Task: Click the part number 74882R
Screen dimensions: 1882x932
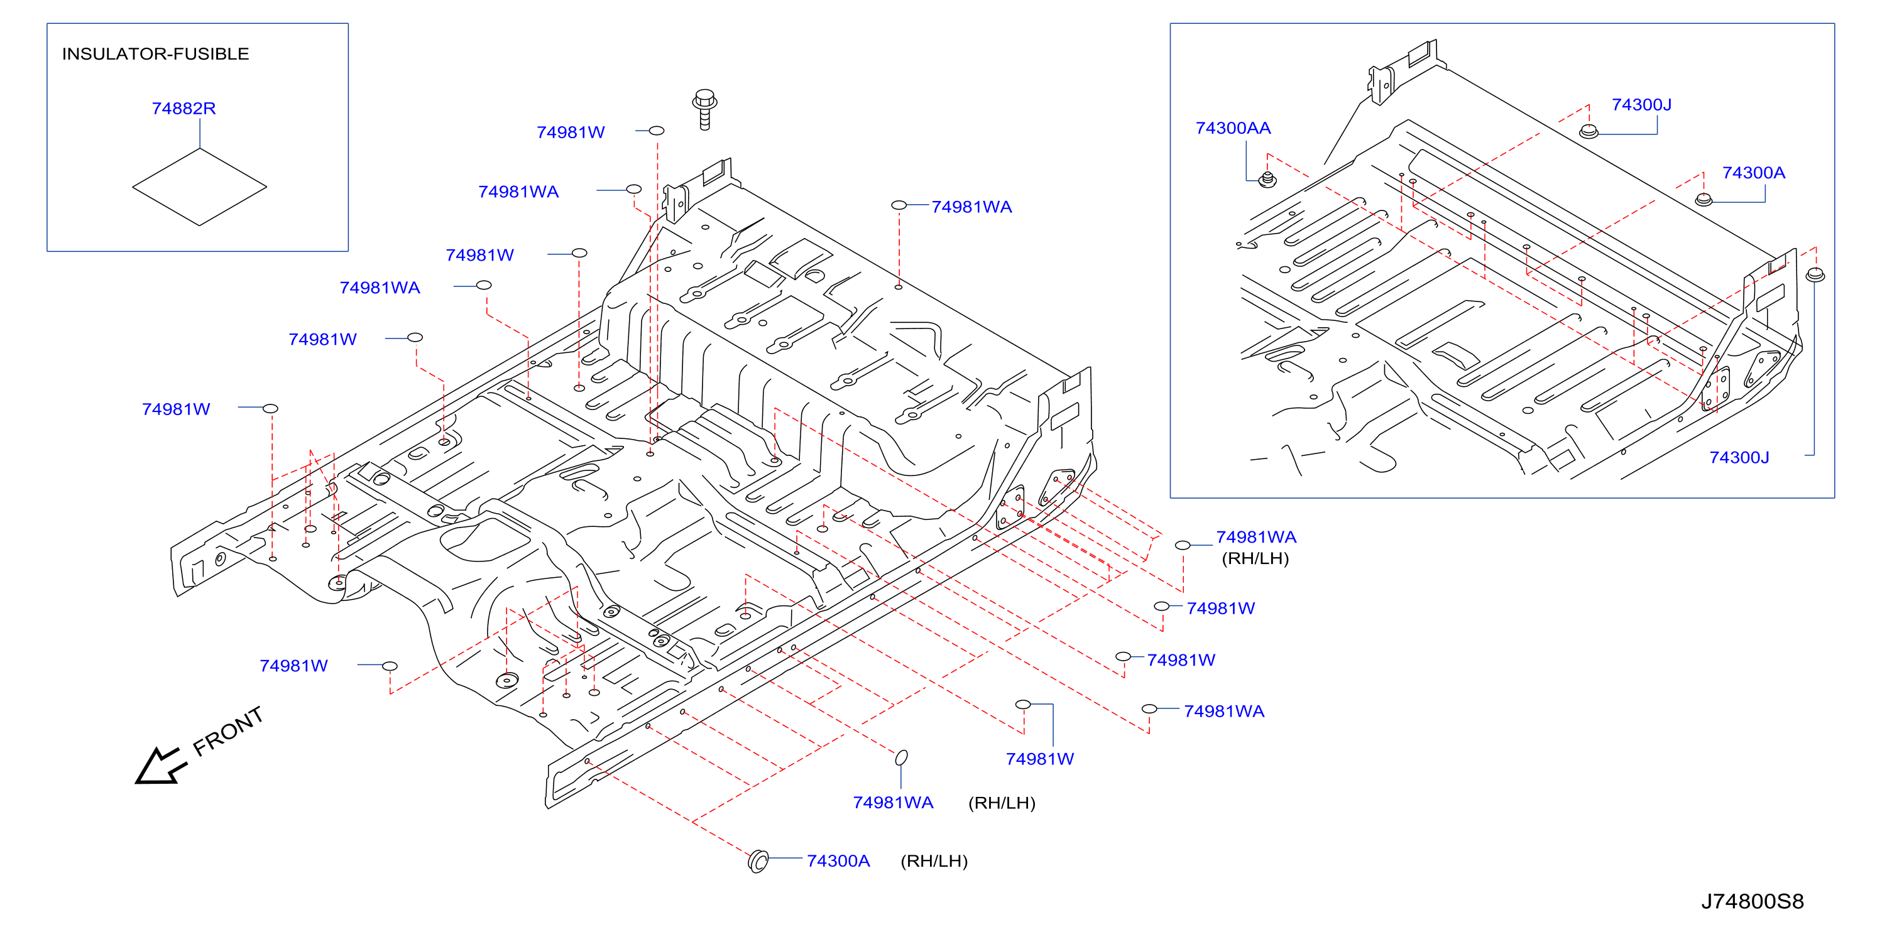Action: tap(183, 108)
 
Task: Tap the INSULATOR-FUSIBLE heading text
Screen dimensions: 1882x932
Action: tap(156, 54)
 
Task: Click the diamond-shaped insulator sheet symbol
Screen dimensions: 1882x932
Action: tap(199, 187)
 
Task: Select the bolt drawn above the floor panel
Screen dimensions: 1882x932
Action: tap(705, 109)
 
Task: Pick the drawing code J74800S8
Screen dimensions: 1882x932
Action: tap(1752, 901)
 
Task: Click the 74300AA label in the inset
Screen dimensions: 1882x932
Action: tap(1232, 128)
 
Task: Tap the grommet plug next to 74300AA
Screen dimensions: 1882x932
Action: tap(1267, 179)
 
